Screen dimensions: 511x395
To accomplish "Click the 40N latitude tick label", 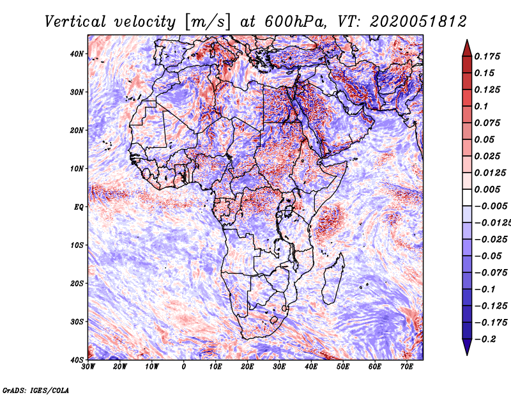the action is [77, 54].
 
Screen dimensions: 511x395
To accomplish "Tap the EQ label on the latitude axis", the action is [79, 207].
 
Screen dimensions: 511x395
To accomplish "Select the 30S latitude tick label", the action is [77, 322].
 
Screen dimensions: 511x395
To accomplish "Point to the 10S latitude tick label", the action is [77, 245].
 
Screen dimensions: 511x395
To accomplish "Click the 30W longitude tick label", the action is [88, 367].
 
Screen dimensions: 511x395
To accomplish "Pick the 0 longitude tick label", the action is [184, 367].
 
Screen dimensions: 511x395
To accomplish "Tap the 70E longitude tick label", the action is [407, 367].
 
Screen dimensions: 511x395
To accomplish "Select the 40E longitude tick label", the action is [311, 367].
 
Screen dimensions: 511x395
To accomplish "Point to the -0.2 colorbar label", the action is [485, 339].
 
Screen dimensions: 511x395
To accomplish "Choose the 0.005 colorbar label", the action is [487, 189].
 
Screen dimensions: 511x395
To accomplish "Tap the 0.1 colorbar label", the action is [482, 106].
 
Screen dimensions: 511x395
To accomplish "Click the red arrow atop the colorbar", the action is [467, 49].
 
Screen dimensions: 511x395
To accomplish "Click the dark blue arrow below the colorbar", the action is [467, 347].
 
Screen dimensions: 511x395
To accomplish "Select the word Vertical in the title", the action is [75, 22].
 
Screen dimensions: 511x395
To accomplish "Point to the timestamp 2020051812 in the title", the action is [418, 22].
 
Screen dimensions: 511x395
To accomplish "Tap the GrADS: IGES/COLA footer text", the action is [36, 390].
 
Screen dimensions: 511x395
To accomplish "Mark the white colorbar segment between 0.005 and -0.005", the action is [467, 197].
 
